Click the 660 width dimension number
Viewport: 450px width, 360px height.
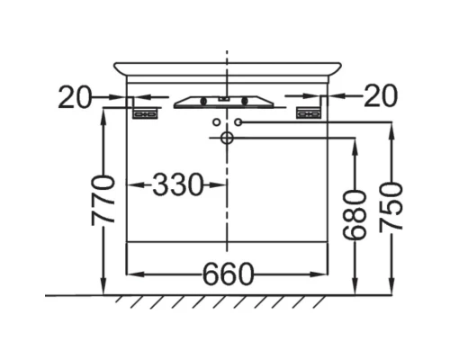point(228,274)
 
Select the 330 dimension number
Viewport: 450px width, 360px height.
point(178,184)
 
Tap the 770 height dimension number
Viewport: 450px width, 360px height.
point(103,201)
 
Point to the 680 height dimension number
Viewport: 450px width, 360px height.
point(355,215)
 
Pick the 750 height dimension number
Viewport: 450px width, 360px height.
point(391,208)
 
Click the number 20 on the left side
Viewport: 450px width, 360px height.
point(74,96)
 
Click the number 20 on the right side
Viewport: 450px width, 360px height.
point(381,95)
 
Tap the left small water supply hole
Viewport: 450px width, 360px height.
point(216,122)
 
